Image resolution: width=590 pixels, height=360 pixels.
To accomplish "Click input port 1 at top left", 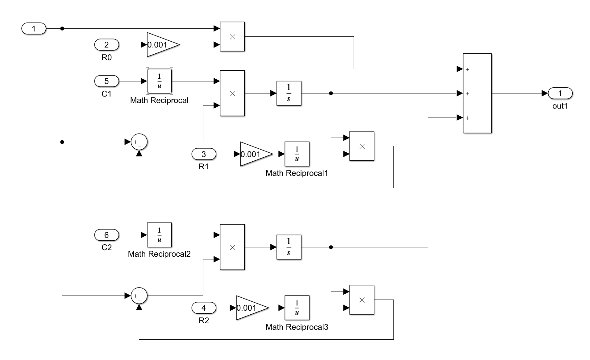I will point(34,29).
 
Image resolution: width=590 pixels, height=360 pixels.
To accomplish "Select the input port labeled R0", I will point(106,45).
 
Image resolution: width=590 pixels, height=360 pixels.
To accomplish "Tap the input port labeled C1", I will point(106,81).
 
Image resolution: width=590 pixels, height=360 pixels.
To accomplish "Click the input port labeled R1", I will point(204,154).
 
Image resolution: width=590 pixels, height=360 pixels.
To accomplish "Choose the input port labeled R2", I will point(204,308).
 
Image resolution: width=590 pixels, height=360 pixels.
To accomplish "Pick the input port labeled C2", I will point(106,235).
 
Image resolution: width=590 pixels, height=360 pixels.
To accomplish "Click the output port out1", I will point(560,93).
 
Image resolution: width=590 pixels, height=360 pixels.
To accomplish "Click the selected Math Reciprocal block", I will point(159,81).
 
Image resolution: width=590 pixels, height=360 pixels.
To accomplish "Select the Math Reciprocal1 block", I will point(297,154).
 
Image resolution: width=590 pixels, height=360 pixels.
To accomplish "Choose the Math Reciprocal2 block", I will point(159,235).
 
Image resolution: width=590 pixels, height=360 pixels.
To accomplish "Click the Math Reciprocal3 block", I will point(297,308).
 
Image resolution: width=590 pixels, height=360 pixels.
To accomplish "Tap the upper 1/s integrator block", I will point(289,93).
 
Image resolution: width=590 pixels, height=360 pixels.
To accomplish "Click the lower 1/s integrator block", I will point(289,247).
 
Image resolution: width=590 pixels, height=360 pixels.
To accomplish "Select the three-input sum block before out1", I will point(477,93).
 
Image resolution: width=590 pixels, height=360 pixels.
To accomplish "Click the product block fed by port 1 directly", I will point(232,36).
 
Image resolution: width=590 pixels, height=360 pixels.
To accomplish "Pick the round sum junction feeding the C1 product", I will point(139,142).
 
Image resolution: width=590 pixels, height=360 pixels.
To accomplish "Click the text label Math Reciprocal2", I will point(159,254).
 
